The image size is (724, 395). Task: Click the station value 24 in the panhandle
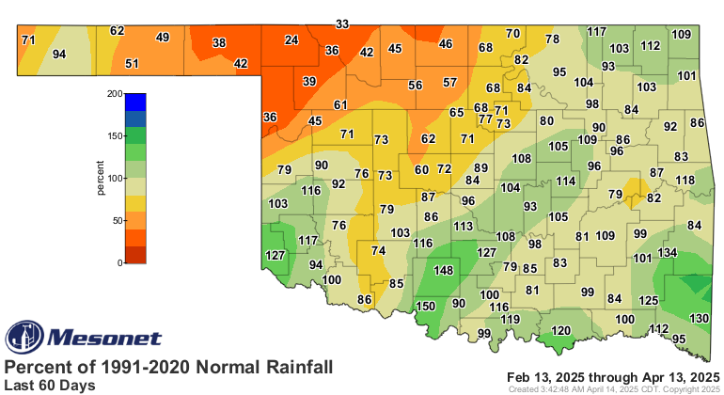291,40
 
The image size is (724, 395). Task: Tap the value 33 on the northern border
343,24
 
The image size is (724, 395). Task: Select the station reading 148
444,271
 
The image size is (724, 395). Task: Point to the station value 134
668,253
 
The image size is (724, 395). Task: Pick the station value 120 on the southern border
561,331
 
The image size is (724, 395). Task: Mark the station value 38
219,43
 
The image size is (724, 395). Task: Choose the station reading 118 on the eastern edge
685,180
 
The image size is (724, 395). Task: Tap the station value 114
565,181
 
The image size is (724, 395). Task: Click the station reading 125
649,300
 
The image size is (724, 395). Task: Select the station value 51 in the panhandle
133,64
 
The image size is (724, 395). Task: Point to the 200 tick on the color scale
114,94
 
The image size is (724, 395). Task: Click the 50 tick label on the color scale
117,221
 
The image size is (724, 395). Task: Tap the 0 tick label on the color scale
119,263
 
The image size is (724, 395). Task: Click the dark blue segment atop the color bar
135,102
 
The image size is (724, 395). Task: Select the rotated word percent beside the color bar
100,179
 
